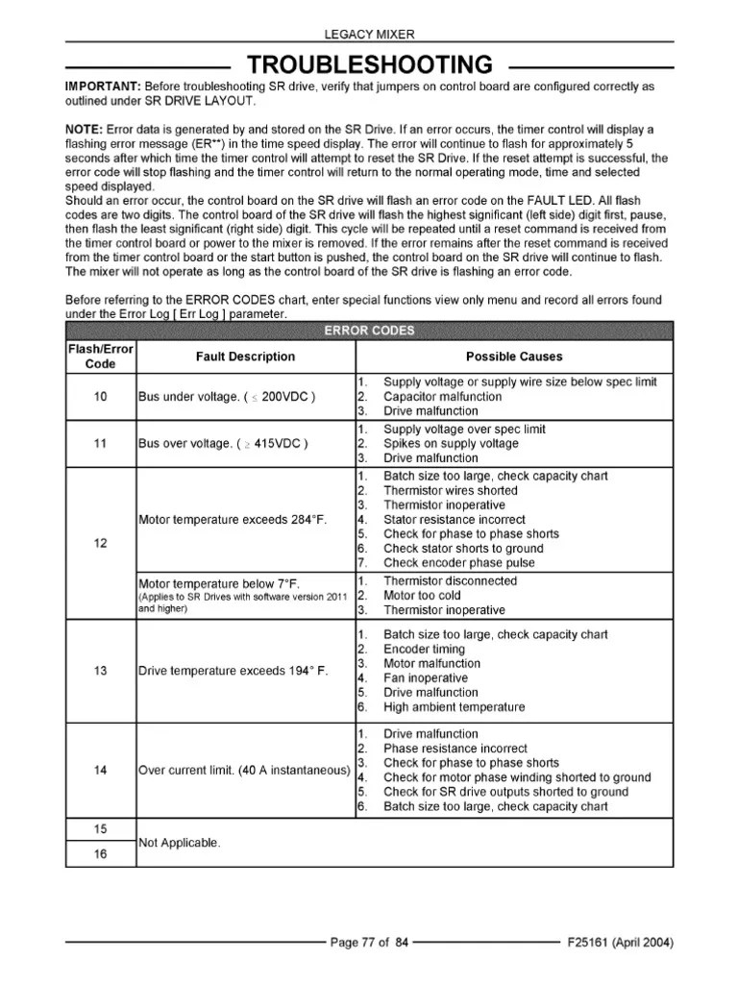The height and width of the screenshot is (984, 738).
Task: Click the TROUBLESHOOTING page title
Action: tap(370, 65)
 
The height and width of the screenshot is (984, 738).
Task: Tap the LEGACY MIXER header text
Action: tap(369, 35)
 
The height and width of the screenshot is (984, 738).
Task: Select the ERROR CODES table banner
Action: tap(369, 332)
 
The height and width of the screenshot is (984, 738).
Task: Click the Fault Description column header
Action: tap(245, 357)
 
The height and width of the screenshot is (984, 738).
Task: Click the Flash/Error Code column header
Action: tap(100, 357)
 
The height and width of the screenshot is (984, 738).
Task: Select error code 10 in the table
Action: tap(100, 396)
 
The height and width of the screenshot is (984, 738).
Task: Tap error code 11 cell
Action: tap(100, 444)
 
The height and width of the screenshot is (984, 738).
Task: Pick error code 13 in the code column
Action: tap(100, 671)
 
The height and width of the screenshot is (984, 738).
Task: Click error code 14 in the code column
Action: tap(100, 771)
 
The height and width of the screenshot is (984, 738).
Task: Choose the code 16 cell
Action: tap(100, 855)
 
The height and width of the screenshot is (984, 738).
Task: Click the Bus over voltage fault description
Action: tap(223, 444)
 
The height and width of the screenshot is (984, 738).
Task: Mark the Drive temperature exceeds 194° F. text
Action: tap(234, 671)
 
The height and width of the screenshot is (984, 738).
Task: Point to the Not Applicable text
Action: tap(180, 843)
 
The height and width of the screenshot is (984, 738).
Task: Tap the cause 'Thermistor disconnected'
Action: tap(450, 580)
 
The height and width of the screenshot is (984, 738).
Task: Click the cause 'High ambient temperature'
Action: tap(454, 707)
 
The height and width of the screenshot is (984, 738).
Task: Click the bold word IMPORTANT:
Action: tap(103, 86)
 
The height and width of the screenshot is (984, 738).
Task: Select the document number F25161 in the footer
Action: tap(594, 943)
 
